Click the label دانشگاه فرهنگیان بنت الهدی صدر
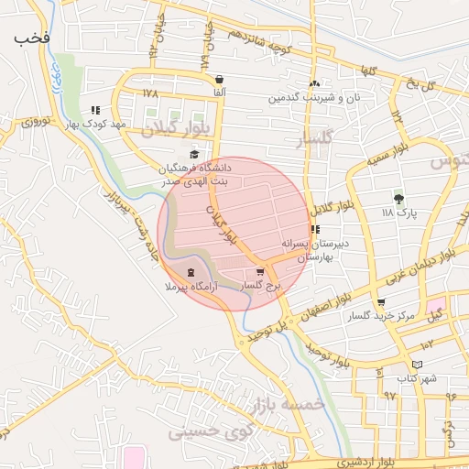(197, 175)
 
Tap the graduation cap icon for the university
(194, 154)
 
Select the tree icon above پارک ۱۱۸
(398, 198)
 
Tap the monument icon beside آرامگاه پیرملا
(191, 273)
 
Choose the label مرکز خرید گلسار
(381, 316)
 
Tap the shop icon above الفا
(220, 80)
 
